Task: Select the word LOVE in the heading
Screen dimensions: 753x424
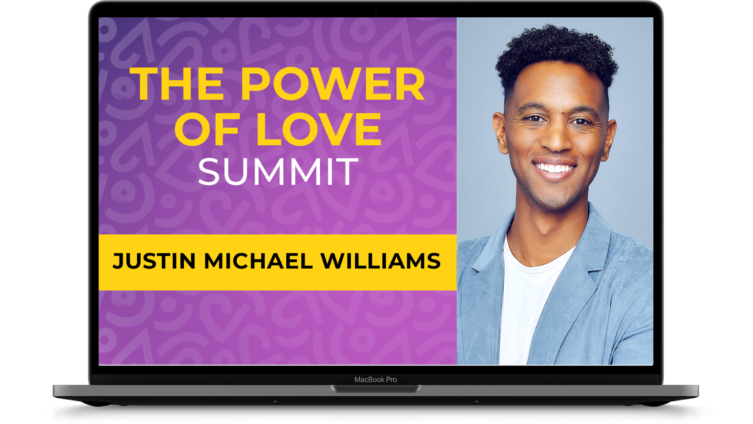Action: coord(319,129)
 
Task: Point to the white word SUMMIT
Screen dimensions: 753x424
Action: coord(278,172)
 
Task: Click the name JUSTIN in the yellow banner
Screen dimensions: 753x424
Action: coord(154,261)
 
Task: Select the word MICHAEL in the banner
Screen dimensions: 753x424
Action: coord(258,261)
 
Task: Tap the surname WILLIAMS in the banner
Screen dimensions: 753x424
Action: coord(381,261)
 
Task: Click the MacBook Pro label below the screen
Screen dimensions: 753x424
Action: coord(376,380)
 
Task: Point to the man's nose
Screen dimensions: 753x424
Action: coord(557,139)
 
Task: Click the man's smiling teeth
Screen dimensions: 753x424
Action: coord(554,168)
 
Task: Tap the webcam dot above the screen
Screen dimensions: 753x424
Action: coord(376,11)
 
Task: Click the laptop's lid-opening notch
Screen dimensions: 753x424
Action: coord(376,389)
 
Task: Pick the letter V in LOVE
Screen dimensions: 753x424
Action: coord(327,129)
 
